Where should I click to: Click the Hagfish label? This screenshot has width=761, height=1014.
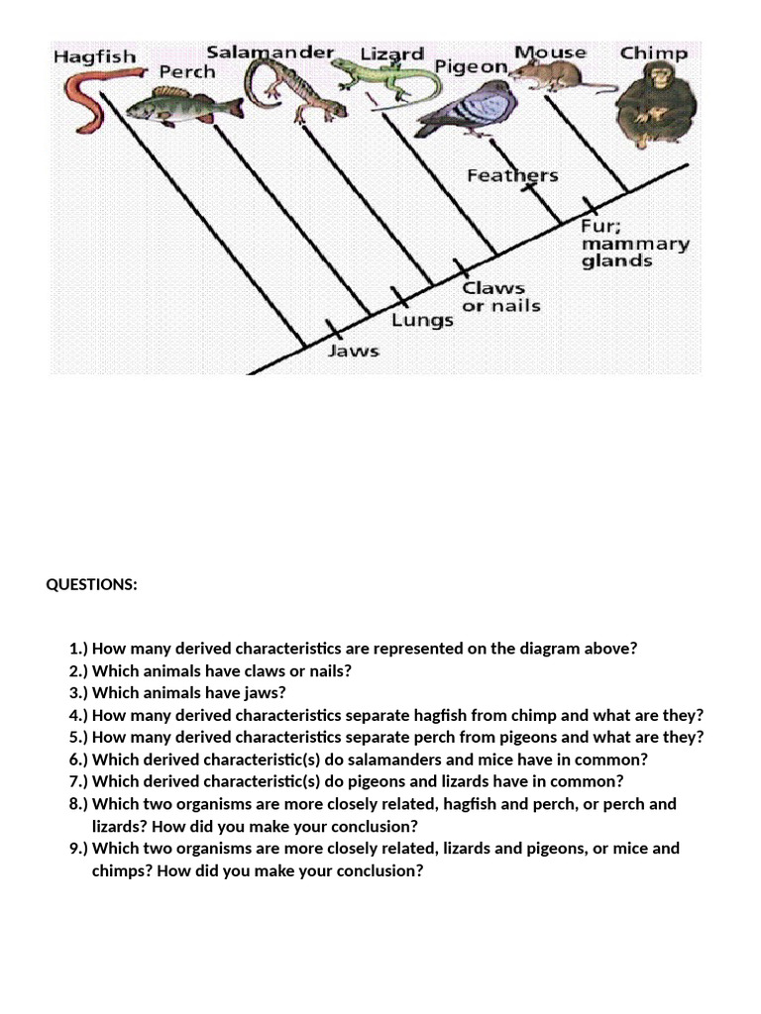[95, 56]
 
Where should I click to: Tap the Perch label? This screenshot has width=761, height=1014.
[187, 72]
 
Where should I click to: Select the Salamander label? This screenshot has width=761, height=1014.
[271, 51]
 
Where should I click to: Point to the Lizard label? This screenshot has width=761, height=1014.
[392, 53]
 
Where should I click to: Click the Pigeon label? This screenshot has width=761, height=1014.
[472, 67]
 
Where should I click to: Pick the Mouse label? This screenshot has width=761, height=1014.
[550, 51]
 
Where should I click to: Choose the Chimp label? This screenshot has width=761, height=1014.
[653, 52]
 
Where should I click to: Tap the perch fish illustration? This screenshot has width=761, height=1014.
[183, 103]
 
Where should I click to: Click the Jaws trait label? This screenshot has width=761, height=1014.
[354, 351]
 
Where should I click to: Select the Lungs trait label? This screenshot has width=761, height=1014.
[422, 320]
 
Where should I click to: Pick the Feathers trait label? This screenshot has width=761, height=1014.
[512, 176]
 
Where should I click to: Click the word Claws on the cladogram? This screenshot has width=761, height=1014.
[493, 288]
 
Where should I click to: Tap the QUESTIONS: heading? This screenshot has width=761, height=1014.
[92, 584]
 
